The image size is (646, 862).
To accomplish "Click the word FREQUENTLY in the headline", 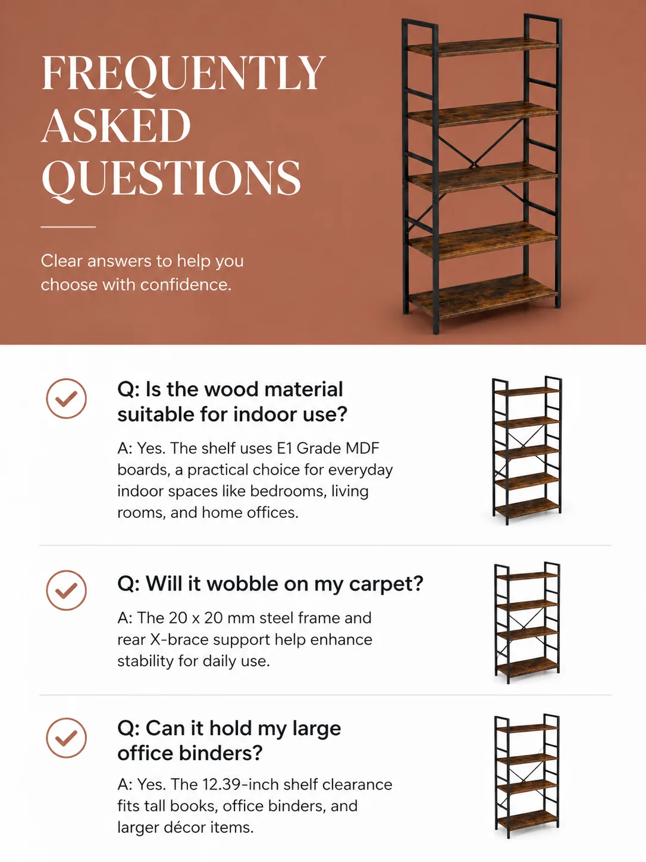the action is click(184, 73).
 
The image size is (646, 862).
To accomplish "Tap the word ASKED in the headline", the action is click(116, 125).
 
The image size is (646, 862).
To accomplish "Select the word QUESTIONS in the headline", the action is click(171, 179).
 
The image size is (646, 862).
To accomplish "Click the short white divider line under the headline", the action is click(68, 227).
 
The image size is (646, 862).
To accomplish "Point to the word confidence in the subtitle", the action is click(186, 285).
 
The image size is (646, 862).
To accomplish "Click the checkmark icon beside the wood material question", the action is click(66, 398).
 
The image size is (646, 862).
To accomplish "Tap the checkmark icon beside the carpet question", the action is click(66, 590).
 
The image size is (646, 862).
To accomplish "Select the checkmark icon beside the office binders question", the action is click(66, 738).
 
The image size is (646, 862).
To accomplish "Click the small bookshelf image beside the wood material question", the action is click(527, 451).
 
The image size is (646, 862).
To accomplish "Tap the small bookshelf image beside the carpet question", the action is click(527, 623).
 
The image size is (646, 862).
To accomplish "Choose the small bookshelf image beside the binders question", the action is click(527, 776).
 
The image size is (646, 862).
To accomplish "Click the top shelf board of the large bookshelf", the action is click(482, 47).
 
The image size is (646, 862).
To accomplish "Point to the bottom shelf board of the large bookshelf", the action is click(482, 296).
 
